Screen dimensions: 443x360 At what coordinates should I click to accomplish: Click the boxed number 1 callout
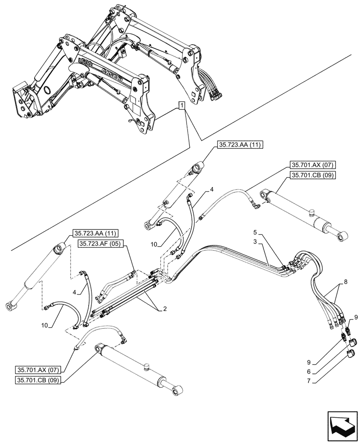[x=181, y=105]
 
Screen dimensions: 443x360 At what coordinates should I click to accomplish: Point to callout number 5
[x=255, y=232]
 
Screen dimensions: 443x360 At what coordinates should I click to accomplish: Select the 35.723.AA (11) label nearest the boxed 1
[x=240, y=145]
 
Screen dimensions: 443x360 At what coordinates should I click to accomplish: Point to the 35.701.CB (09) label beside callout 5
[x=313, y=175]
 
